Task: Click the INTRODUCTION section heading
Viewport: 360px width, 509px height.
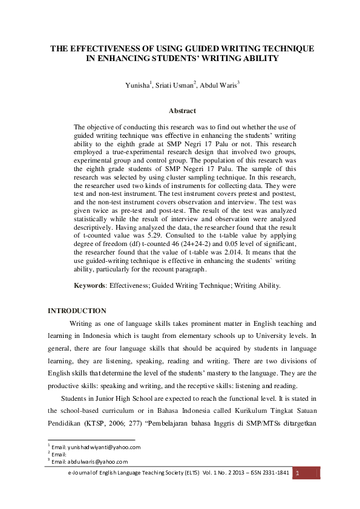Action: coord(77,311)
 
